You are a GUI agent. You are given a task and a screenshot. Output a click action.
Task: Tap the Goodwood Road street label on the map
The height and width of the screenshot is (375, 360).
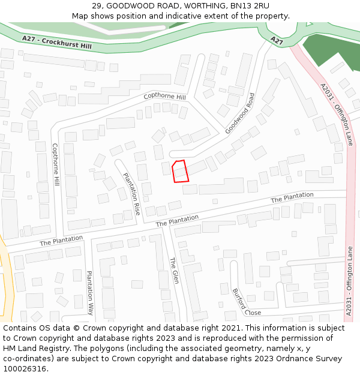point(240,113)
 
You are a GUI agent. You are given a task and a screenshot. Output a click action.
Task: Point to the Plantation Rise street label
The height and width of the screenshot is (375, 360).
point(131,194)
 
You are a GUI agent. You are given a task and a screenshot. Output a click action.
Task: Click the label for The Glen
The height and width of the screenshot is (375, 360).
point(174,270)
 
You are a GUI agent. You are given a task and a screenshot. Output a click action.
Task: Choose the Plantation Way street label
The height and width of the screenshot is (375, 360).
point(89,293)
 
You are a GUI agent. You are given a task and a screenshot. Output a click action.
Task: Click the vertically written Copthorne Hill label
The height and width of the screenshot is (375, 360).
point(56,163)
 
